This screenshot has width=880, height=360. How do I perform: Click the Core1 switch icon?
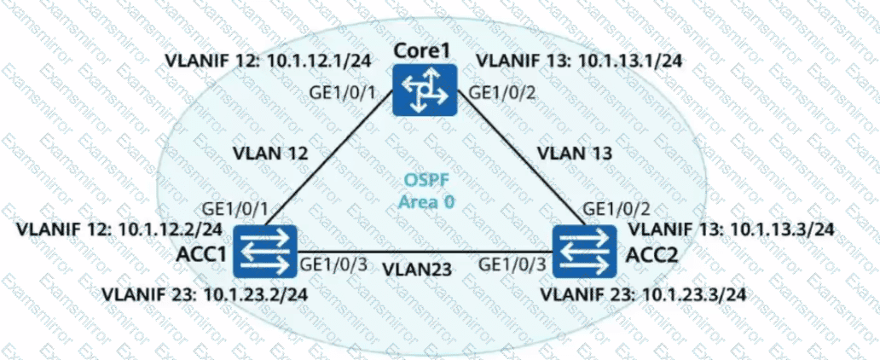(425, 90)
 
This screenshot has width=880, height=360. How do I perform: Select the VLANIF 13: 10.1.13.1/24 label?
(578, 61)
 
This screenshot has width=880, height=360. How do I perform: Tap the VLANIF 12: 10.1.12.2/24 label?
(119, 229)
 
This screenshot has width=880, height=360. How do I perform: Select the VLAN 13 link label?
(572, 154)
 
